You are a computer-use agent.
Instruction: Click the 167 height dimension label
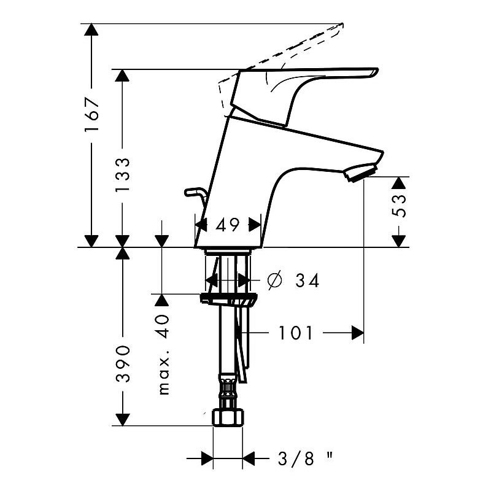(x=91, y=115)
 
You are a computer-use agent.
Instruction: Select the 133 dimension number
(x=122, y=175)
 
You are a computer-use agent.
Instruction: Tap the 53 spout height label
(x=399, y=206)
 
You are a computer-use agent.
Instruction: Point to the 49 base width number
(x=228, y=225)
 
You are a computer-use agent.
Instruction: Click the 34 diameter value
(x=307, y=280)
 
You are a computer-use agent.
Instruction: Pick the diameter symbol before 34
(x=274, y=280)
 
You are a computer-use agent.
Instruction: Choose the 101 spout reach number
(x=296, y=333)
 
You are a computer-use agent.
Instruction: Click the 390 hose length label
(x=122, y=364)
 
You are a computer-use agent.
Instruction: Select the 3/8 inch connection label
(x=305, y=459)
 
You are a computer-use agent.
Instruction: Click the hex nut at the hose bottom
(x=228, y=417)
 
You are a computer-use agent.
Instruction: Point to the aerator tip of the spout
(x=360, y=172)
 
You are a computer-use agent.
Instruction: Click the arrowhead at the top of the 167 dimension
(x=91, y=29)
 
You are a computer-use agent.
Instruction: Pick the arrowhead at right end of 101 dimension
(x=358, y=333)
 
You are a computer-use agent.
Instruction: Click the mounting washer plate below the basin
(x=229, y=299)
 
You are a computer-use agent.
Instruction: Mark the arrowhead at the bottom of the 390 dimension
(x=122, y=420)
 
